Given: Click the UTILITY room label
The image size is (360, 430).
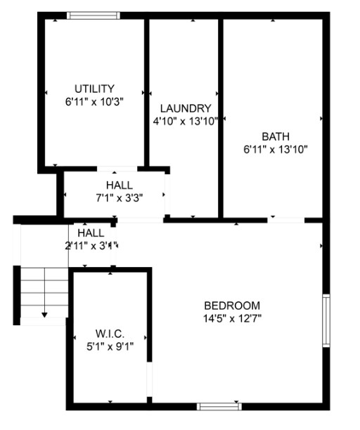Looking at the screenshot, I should [94, 89].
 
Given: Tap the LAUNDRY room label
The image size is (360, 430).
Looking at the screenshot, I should [186, 108].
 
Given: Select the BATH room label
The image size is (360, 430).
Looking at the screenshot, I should [276, 136].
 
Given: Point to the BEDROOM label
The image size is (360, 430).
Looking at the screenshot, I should [232, 306].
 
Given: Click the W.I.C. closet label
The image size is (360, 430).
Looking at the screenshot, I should [110, 333].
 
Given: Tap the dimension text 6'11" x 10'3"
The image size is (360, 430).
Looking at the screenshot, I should [94, 101].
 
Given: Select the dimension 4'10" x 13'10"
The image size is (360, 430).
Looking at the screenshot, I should [186, 121].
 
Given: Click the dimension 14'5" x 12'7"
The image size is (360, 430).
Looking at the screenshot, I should [232, 318].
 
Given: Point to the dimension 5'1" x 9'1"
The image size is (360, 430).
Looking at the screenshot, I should [110, 346].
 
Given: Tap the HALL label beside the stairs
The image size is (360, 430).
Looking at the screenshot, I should [91, 233].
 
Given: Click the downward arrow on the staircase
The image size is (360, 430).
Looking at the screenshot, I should [45, 315].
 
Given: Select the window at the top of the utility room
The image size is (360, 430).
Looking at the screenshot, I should [94, 15].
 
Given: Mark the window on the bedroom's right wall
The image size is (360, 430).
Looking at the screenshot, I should [326, 320].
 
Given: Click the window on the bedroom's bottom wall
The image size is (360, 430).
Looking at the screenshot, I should [219, 406].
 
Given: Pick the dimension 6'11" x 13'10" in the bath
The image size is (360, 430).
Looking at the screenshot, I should [276, 149].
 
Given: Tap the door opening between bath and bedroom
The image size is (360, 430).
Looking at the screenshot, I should [286, 221].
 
